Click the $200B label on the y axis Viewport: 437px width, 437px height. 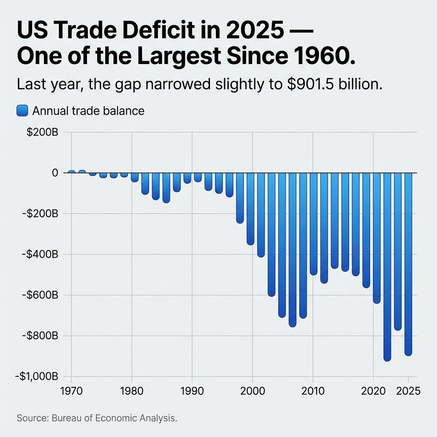42,132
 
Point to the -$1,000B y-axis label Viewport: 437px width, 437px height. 36,377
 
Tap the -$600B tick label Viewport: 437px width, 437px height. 40,295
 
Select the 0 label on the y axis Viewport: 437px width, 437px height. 55,173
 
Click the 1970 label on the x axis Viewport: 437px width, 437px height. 70,391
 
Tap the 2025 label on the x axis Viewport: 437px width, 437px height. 408,391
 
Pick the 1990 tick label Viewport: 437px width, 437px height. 192,391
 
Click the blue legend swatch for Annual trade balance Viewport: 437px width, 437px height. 22,111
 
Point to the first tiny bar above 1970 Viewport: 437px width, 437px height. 71,172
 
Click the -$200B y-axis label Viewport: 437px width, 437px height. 40,214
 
